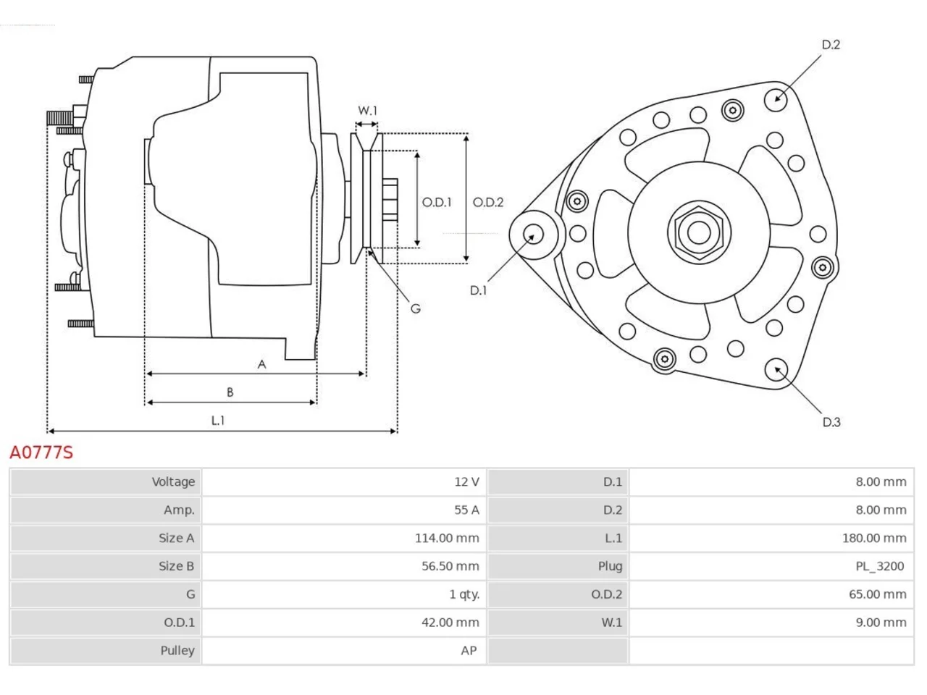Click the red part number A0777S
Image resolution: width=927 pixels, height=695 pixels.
(41, 452)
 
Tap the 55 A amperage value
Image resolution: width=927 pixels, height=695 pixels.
(466, 510)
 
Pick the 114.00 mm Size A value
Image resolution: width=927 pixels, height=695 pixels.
(447, 538)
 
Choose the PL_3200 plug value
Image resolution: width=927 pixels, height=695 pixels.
(880, 566)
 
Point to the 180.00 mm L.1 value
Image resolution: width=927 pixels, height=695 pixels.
(874, 538)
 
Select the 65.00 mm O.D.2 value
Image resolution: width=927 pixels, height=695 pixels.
(878, 594)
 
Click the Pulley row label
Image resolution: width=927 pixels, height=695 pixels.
(177, 651)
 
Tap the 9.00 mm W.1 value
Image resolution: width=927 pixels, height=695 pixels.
(881, 623)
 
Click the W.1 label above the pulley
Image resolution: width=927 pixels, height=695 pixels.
(367, 111)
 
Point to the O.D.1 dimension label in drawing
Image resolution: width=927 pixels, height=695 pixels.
(437, 202)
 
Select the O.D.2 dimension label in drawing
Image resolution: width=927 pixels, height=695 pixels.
(488, 202)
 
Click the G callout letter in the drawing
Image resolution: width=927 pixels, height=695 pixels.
(416, 308)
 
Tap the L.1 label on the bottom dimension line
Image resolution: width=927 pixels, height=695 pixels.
(218, 421)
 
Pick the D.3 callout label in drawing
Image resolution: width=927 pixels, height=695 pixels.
(831, 422)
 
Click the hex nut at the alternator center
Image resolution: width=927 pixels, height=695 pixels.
(699, 232)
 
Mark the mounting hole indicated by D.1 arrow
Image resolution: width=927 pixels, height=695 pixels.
(533, 235)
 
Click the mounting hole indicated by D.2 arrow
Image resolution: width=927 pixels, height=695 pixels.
(776, 100)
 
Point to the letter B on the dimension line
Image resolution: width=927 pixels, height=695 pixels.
(230, 392)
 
